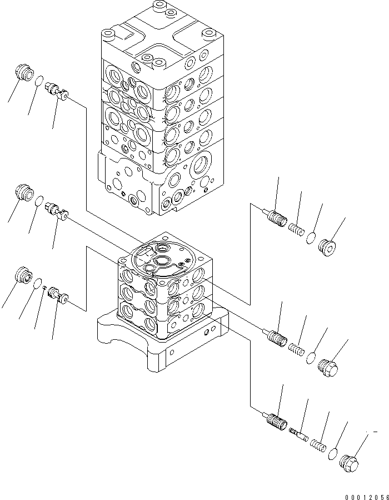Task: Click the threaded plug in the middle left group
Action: point(23,192)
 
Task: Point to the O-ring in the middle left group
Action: point(39,200)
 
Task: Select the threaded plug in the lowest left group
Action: point(23,275)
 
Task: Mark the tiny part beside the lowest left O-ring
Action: point(44,288)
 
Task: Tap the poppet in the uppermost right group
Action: point(275,217)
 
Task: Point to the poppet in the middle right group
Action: point(275,336)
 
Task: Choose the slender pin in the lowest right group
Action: point(300,433)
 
